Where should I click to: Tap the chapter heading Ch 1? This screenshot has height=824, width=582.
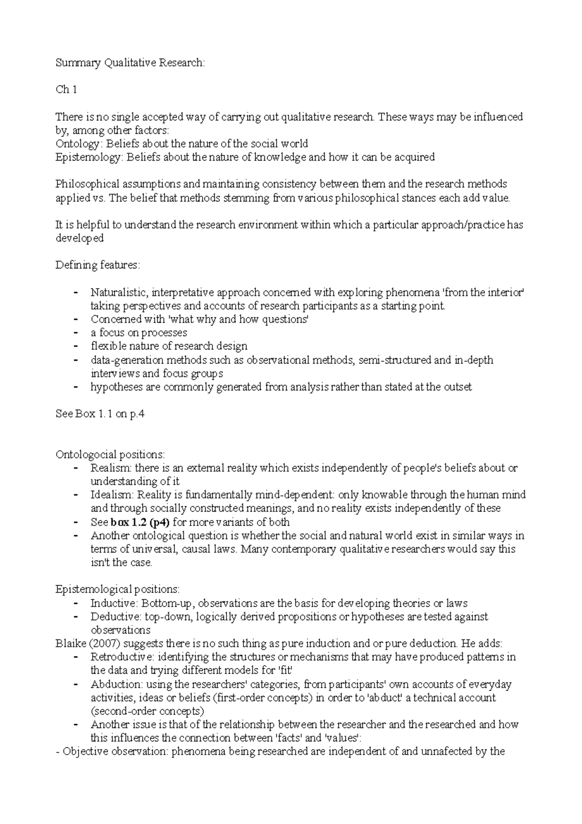tap(66, 90)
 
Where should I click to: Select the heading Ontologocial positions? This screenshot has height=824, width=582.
tap(110, 455)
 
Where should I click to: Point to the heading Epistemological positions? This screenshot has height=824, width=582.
tap(117, 590)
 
